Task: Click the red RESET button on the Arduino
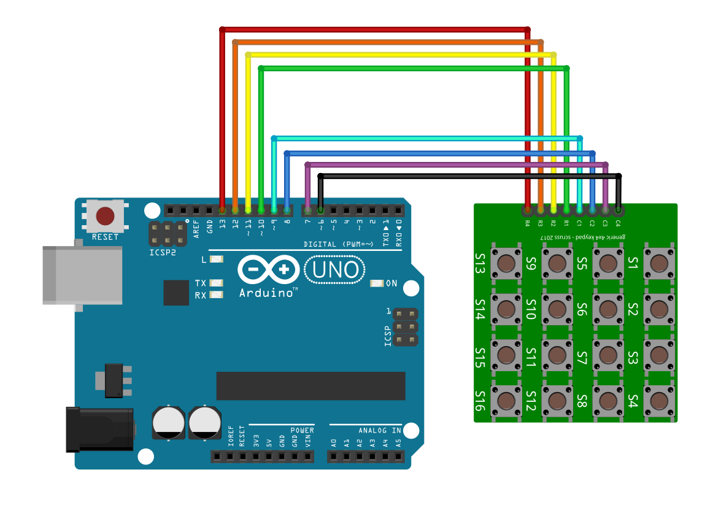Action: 106,216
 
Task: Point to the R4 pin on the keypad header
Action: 527,210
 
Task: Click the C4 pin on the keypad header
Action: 618,210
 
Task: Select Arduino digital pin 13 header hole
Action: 222,210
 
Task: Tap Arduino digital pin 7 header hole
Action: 307,210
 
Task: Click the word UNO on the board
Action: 335,269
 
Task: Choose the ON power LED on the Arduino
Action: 376,283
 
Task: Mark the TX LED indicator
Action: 215,283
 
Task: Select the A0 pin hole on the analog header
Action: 333,456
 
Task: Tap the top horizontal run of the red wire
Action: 374,29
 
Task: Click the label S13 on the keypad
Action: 480,263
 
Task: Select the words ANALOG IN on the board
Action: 380,430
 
